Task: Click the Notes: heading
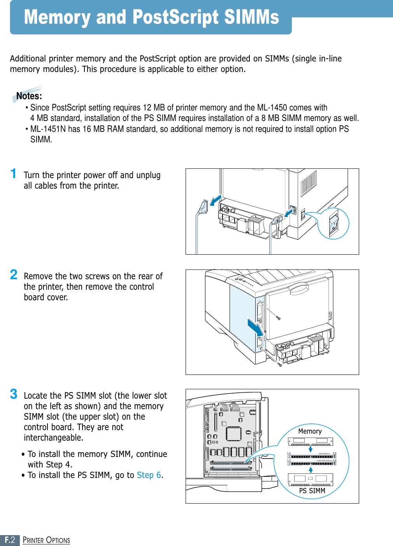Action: pos(29,96)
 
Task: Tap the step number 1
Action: pos(14,173)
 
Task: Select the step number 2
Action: pos(14,275)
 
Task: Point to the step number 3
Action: pos(14,394)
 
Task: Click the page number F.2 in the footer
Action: pos(10,540)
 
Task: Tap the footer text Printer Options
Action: pos(46,540)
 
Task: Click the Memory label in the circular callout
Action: pos(310,431)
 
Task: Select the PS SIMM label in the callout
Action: pos(312,491)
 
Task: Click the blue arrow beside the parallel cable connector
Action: pos(215,201)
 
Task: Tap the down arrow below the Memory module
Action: pos(311,449)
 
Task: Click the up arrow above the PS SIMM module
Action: pos(311,469)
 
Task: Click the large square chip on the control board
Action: pos(234,434)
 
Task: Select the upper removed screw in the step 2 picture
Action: pos(278,318)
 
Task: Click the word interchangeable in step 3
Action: pos(53,438)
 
